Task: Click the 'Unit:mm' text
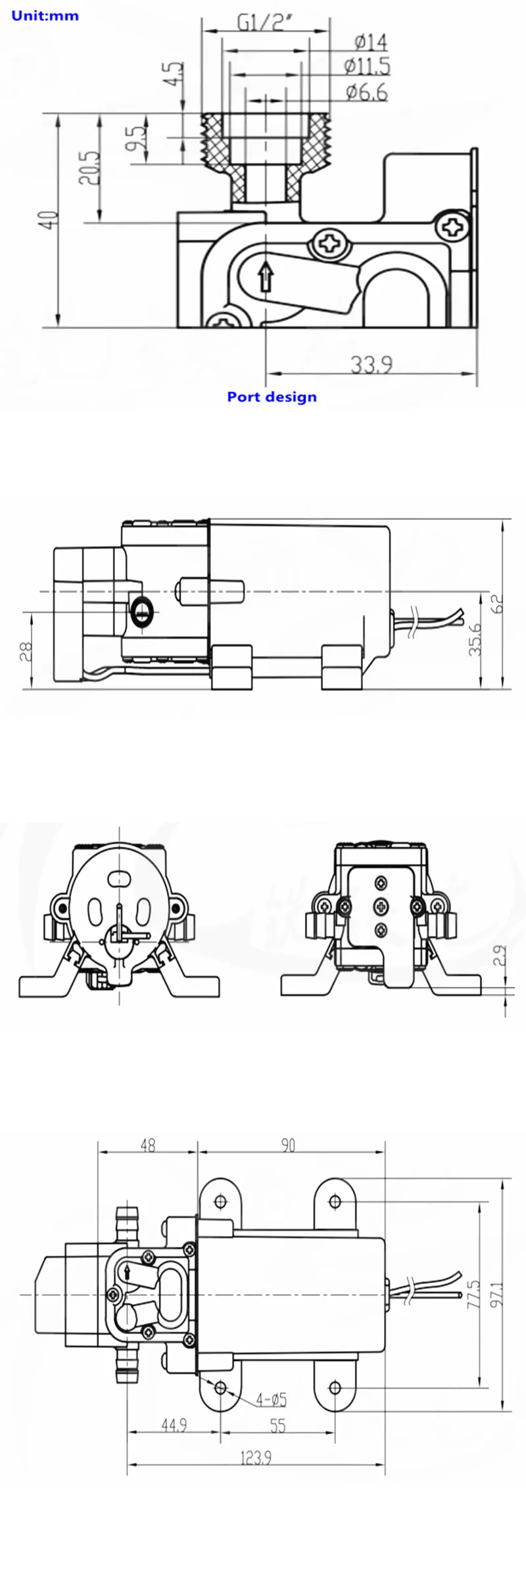45,15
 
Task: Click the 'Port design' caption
272,396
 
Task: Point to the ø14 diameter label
371,43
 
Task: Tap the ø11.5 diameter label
367,66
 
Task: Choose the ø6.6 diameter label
367,92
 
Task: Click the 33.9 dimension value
371,364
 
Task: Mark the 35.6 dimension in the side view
475,640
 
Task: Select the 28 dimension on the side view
27,651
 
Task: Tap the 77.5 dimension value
474,1293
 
